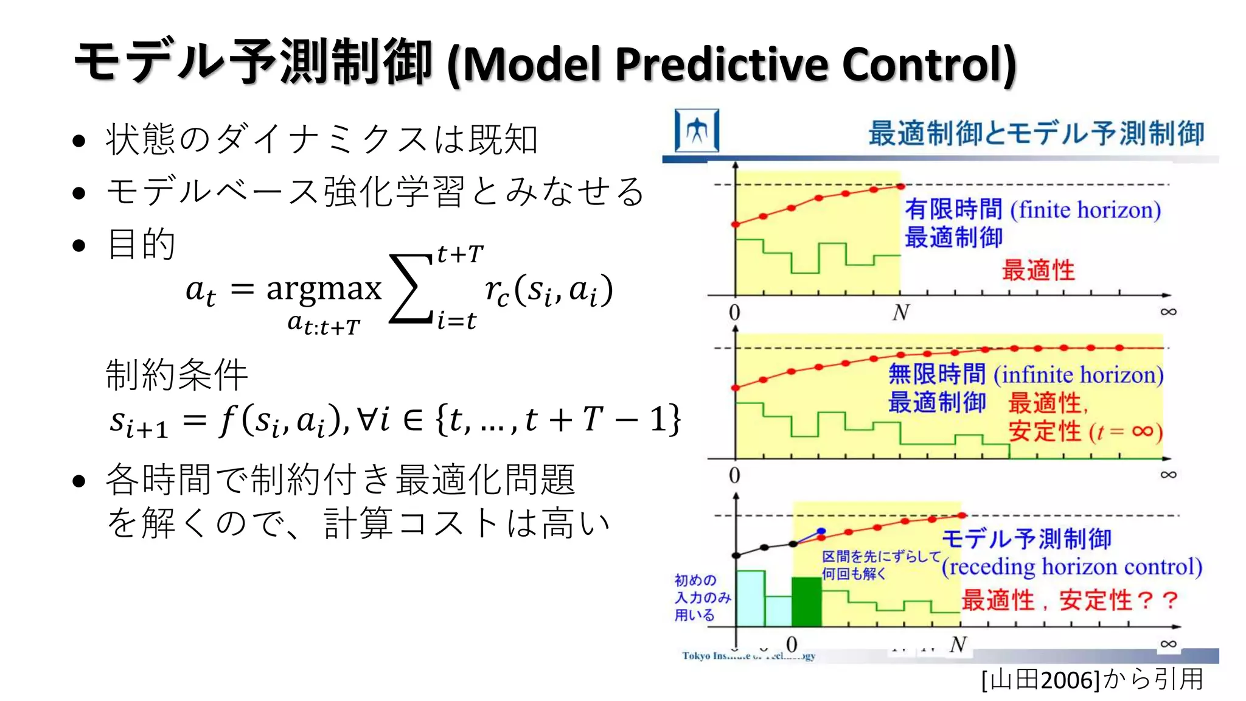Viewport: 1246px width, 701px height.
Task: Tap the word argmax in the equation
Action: point(324,288)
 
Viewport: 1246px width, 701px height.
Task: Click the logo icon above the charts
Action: point(697,130)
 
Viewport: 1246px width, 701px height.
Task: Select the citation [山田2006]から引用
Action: point(1092,679)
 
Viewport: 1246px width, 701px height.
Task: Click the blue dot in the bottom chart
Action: point(821,531)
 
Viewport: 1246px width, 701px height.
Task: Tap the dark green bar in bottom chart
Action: point(807,602)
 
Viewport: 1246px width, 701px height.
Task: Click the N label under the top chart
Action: point(900,313)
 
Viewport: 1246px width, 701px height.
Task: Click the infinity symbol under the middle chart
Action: point(1168,475)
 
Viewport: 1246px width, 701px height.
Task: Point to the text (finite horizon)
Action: point(1085,210)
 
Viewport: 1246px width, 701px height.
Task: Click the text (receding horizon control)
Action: point(1071,567)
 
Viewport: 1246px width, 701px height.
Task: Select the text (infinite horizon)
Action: point(1078,375)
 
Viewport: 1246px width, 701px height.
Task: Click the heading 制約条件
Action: point(176,375)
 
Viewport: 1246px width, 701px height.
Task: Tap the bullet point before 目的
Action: point(78,246)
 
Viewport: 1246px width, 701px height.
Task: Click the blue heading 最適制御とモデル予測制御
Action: point(1035,133)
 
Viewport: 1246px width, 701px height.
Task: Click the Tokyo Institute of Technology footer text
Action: point(748,656)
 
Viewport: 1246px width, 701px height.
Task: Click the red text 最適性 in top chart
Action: point(1038,270)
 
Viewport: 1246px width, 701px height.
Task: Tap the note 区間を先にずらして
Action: point(881,556)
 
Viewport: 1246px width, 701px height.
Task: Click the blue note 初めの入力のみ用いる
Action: point(702,598)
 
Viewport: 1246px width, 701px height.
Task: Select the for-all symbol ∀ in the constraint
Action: point(366,419)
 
